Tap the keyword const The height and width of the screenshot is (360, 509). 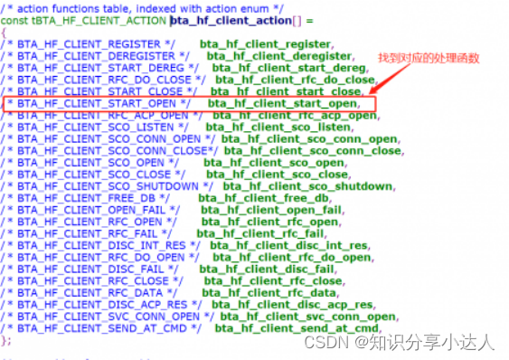tap(14, 20)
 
